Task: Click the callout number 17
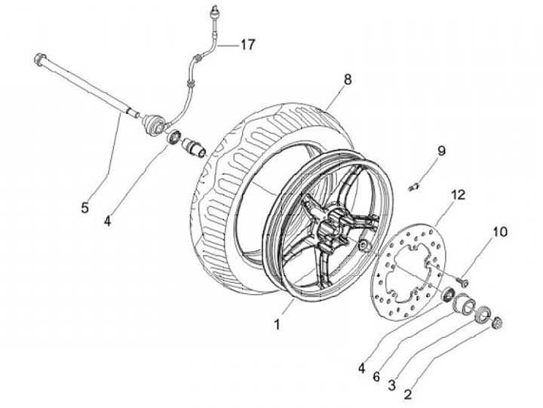click(248, 44)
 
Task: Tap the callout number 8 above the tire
click(348, 80)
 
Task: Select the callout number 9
click(441, 151)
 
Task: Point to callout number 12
click(459, 195)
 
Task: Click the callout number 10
click(500, 232)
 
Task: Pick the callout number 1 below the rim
click(277, 324)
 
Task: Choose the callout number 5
click(84, 208)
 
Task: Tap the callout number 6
click(376, 376)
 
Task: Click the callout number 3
click(391, 385)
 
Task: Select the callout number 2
click(408, 394)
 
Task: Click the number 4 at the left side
click(108, 221)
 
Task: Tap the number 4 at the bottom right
click(361, 369)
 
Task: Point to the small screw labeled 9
click(414, 187)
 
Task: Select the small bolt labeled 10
click(462, 282)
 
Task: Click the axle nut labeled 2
click(496, 322)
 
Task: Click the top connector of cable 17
click(215, 11)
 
